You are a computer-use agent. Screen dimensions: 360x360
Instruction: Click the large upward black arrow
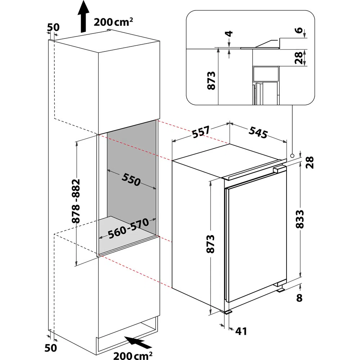click(x=83, y=16)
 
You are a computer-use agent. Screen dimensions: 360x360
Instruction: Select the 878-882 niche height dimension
click(x=76, y=201)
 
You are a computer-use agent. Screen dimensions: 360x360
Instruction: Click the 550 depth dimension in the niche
click(x=131, y=180)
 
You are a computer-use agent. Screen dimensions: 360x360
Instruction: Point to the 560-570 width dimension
click(x=129, y=229)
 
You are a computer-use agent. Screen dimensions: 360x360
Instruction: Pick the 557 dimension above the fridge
click(x=201, y=132)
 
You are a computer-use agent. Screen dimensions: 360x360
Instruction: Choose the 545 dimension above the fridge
click(x=258, y=132)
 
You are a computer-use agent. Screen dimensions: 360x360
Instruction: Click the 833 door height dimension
click(x=300, y=219)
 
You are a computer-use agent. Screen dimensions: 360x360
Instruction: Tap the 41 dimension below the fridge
click(x=241, y=331)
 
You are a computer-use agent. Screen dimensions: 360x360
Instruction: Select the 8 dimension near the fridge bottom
click(x=300, y=298)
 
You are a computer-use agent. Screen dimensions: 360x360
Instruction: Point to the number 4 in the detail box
click(x=229, y=34)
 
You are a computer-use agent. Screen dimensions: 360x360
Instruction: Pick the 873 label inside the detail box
click(x=211, y=80)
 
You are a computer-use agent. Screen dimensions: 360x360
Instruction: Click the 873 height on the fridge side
click(x=210, y=244)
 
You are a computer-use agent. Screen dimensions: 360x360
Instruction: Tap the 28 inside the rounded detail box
click(x=298, y=58)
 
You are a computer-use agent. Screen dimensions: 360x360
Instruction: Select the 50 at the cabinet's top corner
click(x=53, y=27)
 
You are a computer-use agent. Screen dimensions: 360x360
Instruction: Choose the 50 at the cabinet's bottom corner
click(x=51, y=348)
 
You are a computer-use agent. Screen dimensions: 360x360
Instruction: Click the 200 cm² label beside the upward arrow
click(x=113, y=22)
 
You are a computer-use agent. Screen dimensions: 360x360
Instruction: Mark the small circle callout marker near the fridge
click(x=292, y=156)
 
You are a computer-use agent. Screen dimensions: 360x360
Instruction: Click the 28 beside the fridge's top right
click(x=310, y=162)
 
